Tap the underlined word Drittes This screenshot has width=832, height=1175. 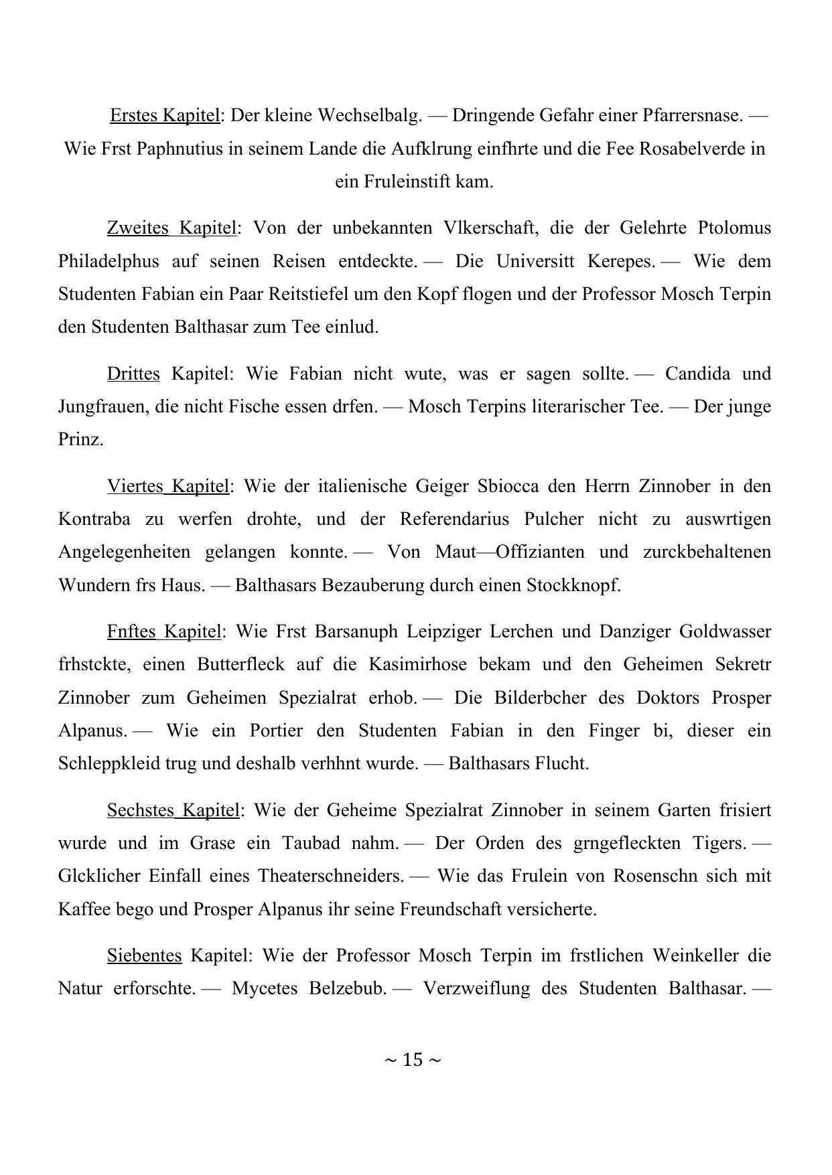(133, 374)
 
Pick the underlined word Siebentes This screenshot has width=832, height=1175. (144, 955)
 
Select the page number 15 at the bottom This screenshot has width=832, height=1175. (413, 1060)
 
